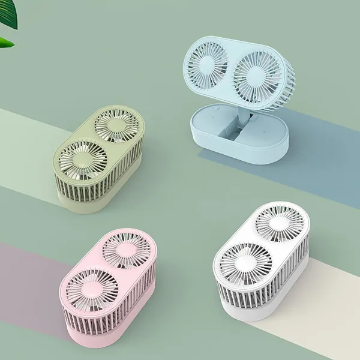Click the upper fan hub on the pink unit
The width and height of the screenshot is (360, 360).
(127, 248)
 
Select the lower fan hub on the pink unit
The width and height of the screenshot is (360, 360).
(88, 287)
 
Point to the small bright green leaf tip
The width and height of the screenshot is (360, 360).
(5, 42)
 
